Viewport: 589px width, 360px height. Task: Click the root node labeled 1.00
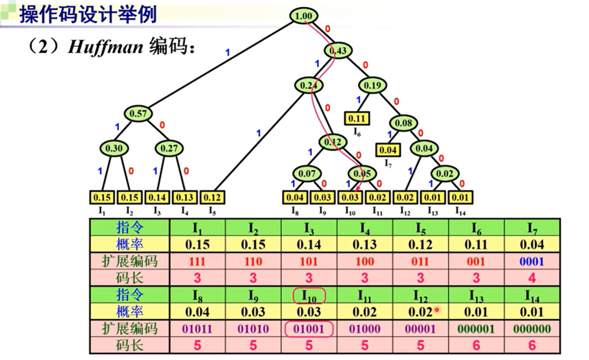(x=303, y=16)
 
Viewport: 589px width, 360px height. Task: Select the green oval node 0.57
(x=138, y=114)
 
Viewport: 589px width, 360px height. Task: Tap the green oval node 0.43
(x=338, y=51)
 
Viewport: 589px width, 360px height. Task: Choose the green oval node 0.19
(x=372, y=85)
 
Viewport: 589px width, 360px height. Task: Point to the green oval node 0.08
(x=403, y=123)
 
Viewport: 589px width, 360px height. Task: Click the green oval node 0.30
(x=114, y=148)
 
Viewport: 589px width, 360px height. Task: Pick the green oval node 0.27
(x=169, y=148)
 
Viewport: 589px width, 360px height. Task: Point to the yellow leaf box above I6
(x=357, y=119)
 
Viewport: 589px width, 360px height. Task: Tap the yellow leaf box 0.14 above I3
(x=157, y=197)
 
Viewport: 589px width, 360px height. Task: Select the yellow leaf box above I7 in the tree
(x=388, y=150)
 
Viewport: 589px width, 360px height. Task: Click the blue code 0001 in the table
(x=532, y=262)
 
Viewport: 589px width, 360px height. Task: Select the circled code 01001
(x=309, y=329)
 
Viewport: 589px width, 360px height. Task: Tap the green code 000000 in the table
(x=532, y=329)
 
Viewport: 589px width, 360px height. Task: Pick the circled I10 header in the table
(x=309, y=295)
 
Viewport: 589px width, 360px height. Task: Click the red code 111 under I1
(x=197, y=262)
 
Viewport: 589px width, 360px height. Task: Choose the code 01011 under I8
(x=197, y=329)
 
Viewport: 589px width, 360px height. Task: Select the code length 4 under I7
(x=532, y=278)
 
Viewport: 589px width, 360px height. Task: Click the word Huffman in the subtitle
(x=105, y=48)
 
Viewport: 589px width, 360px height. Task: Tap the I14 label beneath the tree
(x=460, y=211)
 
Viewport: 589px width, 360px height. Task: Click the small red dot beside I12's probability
(x=437, y=310)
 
